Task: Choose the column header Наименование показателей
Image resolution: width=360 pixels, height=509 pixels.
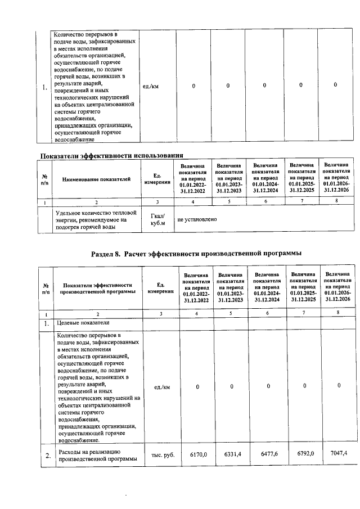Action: tap(96, 179)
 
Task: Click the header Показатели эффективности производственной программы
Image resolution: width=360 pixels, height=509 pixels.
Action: tap(97, 288)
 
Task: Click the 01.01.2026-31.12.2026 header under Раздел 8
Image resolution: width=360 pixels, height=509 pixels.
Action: tap(337, 288)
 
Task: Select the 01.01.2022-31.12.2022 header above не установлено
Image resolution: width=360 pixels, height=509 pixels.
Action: tap(193, 179)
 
